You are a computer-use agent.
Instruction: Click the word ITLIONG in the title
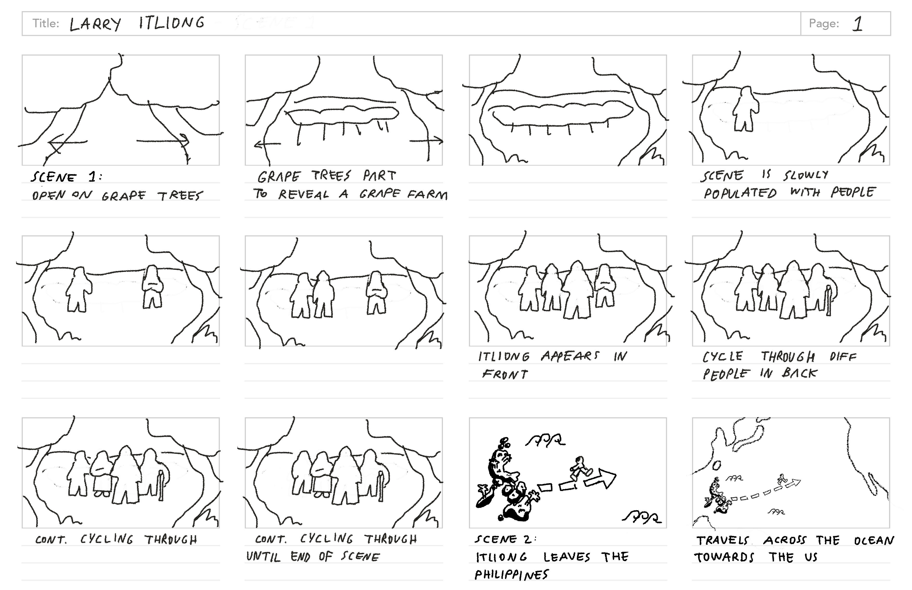point(172,23)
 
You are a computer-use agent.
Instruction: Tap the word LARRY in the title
point(95,24)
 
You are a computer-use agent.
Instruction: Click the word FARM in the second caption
point(427,195)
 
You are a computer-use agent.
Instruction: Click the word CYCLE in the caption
point(722,357)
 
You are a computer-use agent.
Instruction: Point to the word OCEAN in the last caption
point(874,540)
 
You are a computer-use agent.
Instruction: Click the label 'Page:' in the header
point(824,24)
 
